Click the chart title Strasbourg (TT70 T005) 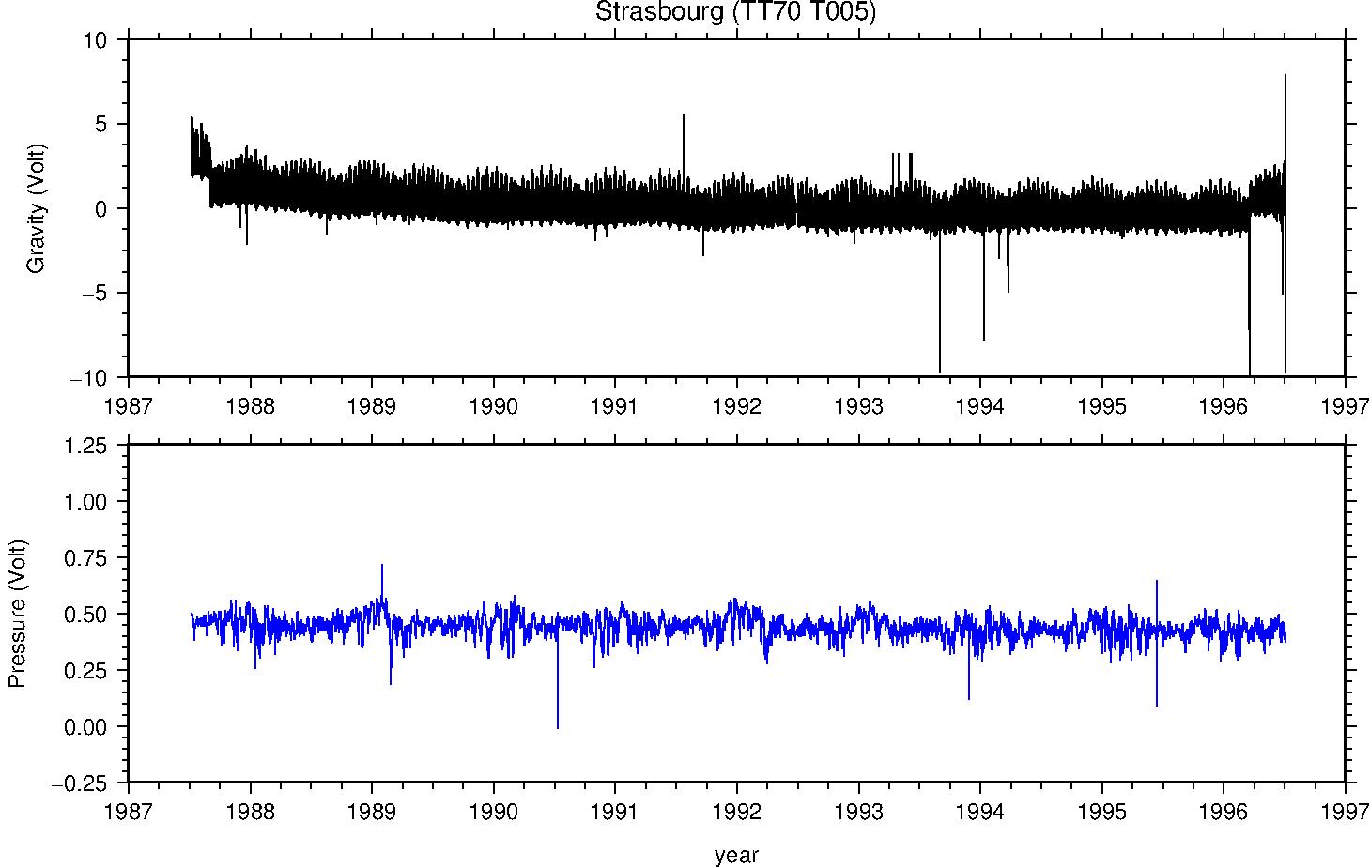(735, 11)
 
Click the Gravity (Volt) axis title (36, 208)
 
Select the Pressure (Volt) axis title (17, 614)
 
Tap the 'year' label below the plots (736, 855)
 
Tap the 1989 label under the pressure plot (372, 810)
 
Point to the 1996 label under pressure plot (1224, 810)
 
